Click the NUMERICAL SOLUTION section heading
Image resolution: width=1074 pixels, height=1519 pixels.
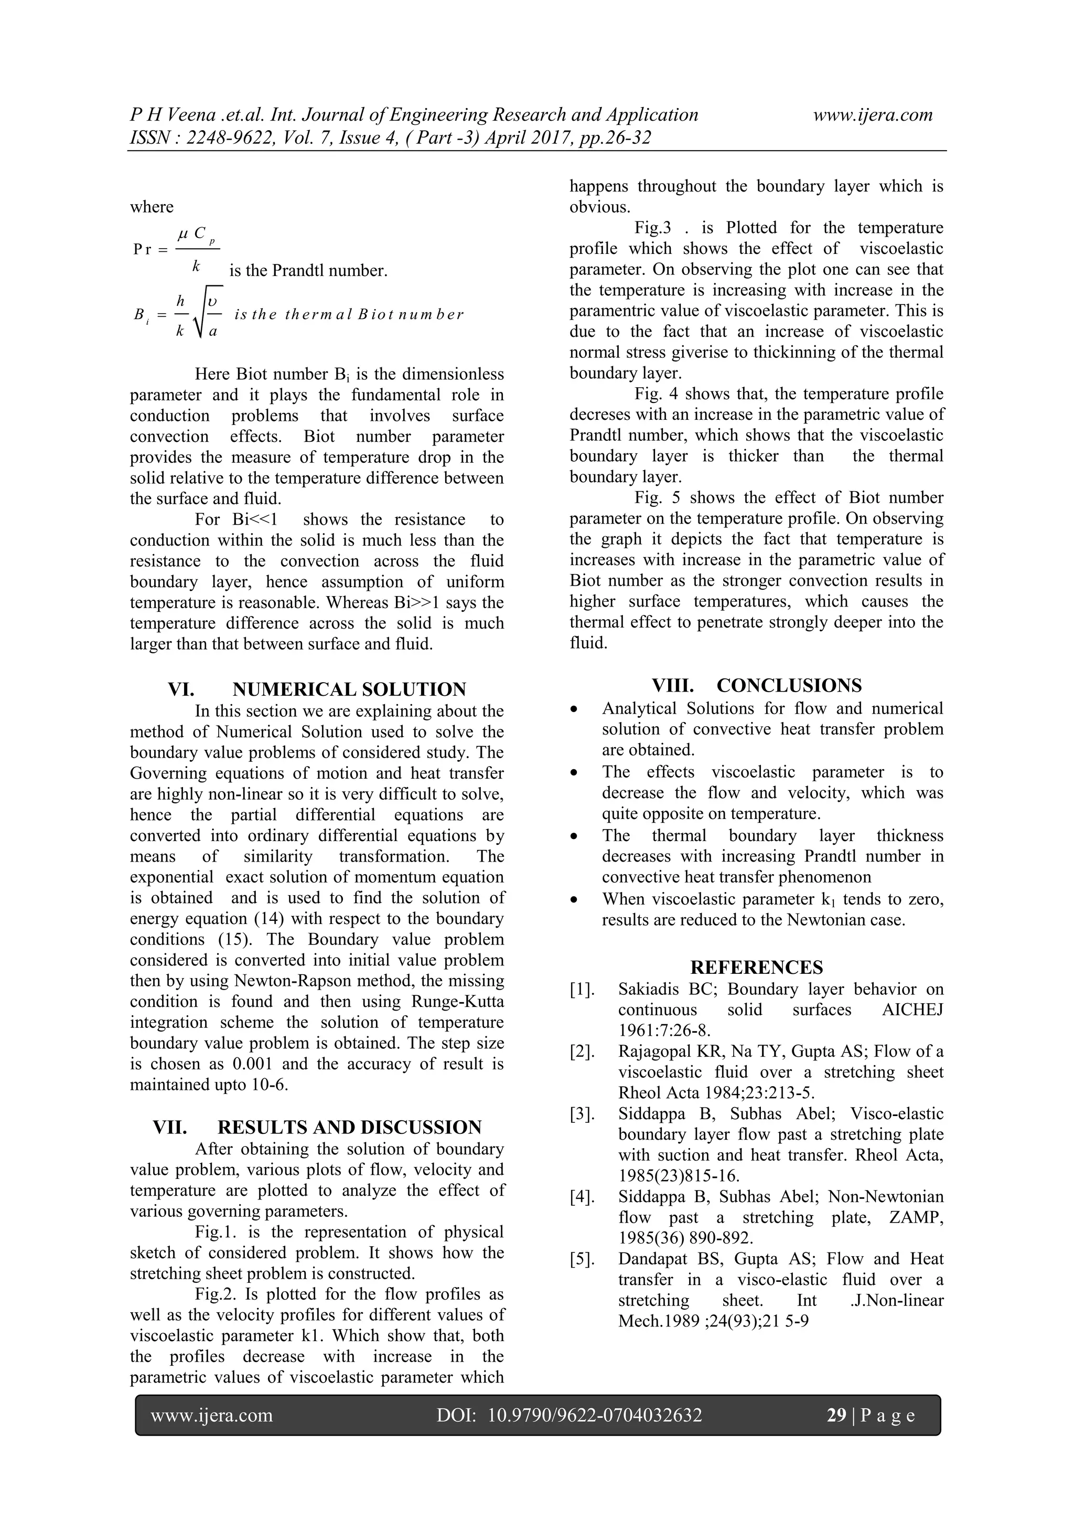[x=349, y=689]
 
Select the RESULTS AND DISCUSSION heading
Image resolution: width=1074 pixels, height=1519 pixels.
[x=349, y=1128]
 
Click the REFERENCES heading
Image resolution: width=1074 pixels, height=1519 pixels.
[x=757, y=967]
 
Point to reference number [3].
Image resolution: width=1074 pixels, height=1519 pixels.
[x=583, y=1114]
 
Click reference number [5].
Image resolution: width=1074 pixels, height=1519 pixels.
[x=583, y=1259]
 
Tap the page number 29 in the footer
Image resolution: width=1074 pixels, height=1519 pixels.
[x=836, y=1415]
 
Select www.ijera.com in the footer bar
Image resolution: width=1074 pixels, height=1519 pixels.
[x=212, y=1415]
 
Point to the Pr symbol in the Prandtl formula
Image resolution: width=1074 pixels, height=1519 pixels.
[x=142, y=249]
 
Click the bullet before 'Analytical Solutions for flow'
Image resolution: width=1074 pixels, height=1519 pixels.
[x=575, y=710]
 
